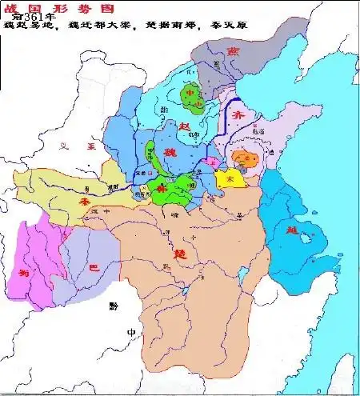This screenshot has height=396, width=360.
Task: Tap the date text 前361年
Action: click(x=34, y=17)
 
